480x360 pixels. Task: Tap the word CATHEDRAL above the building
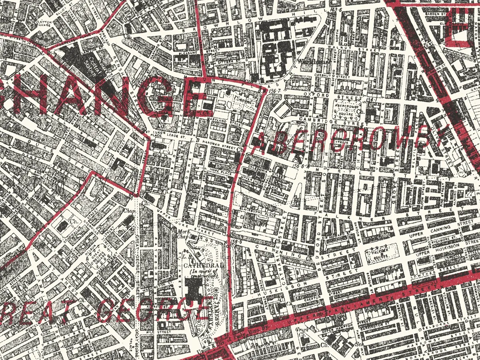tap(197, 265)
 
